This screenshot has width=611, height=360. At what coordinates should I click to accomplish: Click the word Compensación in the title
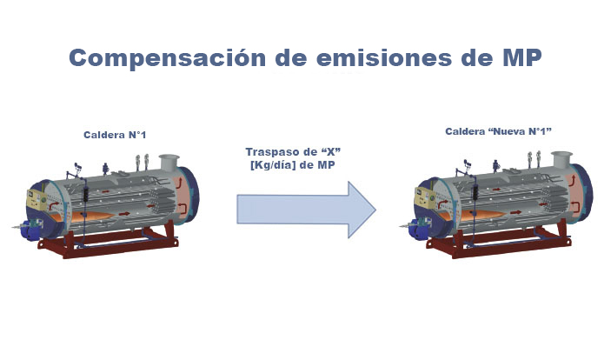pyautogui.click(x=168, y=57)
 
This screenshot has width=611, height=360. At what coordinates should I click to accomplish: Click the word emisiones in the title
pyautogui.click(x=384, y=57)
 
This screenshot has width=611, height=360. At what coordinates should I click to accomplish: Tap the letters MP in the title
pyautogui.click(x=522, y=57)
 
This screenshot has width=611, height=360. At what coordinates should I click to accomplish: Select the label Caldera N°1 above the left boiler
pyautogui.click(x=115, y=135)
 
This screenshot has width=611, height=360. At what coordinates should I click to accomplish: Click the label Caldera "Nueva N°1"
pyautogui.click(x=498, y=131)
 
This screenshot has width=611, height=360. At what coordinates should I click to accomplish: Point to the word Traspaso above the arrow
pyautogui.click(x=272, y=152)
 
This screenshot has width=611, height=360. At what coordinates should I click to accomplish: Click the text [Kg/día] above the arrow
pyautogui.click(x=273, y=165)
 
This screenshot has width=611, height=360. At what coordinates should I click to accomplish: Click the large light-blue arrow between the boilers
pyautogui.click(x=306, y=210)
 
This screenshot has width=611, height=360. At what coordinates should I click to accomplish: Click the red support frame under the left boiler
pyautogui.click(x=109, y=243)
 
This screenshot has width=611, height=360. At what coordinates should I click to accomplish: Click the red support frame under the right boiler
pyautogui.click(x=499, y=241)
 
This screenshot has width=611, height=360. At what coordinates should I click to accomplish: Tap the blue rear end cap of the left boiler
pyautogui.click(x=190, y=194)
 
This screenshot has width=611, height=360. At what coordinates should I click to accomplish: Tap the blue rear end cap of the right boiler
pyautogui.click(x=583, y=191)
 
